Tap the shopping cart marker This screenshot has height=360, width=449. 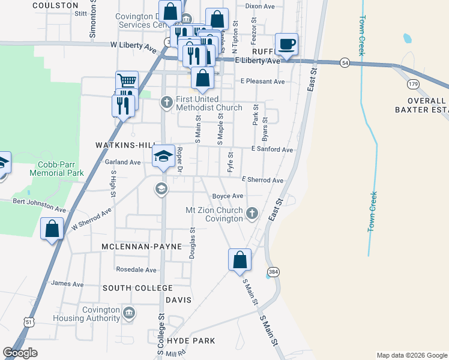[127, 81]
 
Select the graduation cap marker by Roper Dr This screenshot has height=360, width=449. [163, 156]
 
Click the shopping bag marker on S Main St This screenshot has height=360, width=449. [240, 259]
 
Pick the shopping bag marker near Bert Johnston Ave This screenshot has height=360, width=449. [52, 229]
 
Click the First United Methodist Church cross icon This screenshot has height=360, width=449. [167, 103]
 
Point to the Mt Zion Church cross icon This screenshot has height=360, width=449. [252, 212]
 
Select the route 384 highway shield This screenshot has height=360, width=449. [273, 271]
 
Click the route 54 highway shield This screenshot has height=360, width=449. [345, 62]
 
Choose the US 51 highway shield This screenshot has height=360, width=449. [29, 322]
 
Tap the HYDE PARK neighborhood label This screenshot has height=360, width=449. [191, 341]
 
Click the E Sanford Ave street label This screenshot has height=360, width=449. [272, 149]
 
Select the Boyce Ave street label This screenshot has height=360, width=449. [228, 196]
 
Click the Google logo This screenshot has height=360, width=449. [20, 353]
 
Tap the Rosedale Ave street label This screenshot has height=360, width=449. [136, 269]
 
